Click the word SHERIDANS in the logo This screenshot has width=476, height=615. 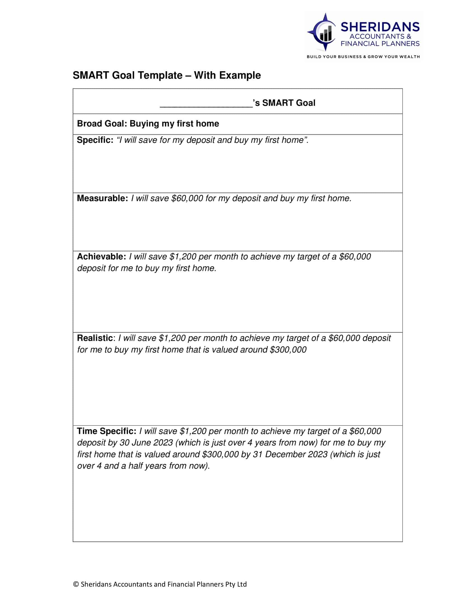pos(380,27)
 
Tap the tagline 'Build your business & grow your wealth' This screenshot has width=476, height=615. pos(363,56)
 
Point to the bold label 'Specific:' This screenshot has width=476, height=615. pos(95,140)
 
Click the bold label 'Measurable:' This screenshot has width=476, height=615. pos(103,198)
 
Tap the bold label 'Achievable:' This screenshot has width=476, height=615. pos(102,257)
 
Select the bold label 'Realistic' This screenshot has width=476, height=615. pos(95,338)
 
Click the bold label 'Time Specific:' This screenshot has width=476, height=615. pos(107,431)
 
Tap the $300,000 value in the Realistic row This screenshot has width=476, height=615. pos(288,350)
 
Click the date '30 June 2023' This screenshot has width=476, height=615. pos(146,443)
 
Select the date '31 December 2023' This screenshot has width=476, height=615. pos(290,454)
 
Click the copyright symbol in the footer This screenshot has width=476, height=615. pos(76,584)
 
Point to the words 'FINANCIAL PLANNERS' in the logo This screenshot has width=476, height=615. pos(380,44)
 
